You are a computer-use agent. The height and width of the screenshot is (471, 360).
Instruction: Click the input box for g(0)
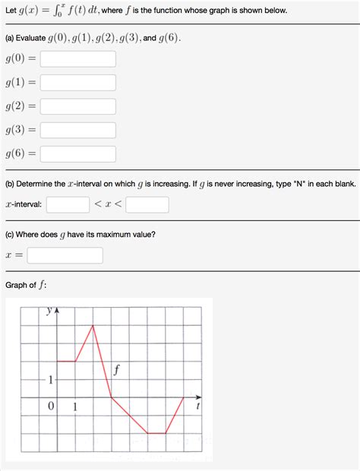pyautogui.click(x=77, y=58)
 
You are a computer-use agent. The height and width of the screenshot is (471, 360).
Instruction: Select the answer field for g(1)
pyautogui.click(x=77, y=83)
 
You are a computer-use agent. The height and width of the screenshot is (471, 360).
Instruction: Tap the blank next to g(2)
pyautogui.click(x=77, y=106)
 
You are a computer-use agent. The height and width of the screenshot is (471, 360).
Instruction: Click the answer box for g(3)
pyautogui.click(x=77, y=130)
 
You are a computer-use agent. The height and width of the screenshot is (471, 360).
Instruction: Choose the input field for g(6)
pyautogui.click(x=77, y=153)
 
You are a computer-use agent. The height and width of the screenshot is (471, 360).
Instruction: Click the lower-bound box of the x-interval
pyautogui.click(x=68, y=204)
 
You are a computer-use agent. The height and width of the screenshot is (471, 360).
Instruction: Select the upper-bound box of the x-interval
pyautogui.click(x=147, y=204)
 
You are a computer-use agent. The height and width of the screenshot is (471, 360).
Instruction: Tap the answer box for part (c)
pyautogui.click(x=65, y=255)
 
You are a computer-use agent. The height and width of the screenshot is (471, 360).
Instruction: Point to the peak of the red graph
pyautogui.click(x=93, y=325)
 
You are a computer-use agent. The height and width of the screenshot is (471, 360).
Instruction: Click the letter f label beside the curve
pyautogui.click(x=116, y=371)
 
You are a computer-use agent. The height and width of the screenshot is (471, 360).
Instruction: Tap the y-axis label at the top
pyautogui.click(x=49, y=311)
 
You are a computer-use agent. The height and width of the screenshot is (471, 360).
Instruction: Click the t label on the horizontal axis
pyautogui.click(x=198, y=406)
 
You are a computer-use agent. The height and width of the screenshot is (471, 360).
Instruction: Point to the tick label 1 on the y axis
pyautogui.click(x=50, y=379)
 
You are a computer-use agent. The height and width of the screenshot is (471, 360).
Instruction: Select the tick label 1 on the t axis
pyautogui.click(x=75, y=406)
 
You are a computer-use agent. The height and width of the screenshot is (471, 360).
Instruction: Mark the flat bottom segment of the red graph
pyautogui.click(x=156, y=433)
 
